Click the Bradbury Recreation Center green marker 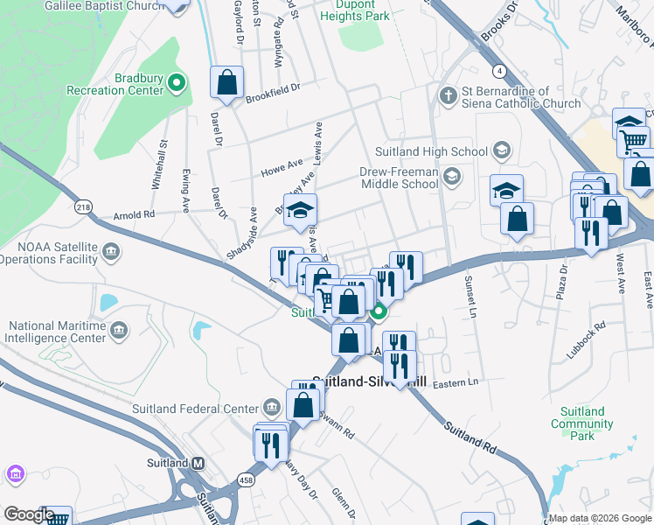tap(177, 83)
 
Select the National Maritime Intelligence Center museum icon tap(120, 330)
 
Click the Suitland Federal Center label tap(195, 408)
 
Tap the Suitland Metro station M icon tap(198, 462)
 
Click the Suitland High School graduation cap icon tap(502, 151)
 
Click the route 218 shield tap(83, 206)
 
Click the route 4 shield tap(497, 70)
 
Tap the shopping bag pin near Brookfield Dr tap(226, 83)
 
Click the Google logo tap(29, 514)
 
